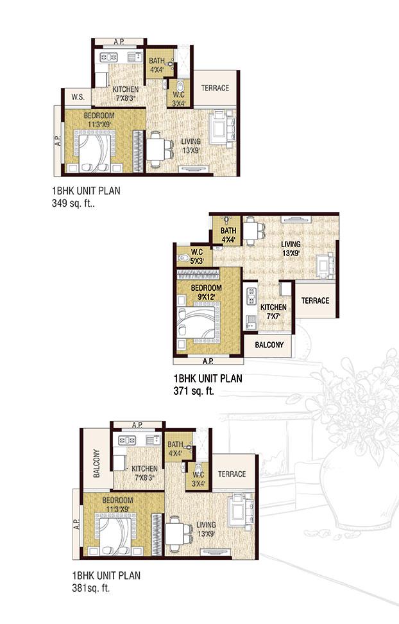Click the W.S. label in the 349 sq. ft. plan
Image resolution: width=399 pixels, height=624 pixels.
click(78, 97)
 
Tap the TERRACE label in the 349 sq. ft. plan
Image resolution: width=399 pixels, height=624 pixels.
click(215, 88)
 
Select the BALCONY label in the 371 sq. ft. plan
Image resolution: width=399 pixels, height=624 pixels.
click(269, 345)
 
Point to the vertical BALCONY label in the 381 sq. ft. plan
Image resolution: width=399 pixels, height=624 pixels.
click(97, 464)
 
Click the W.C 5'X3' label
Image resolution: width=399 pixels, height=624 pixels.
click(197, 257)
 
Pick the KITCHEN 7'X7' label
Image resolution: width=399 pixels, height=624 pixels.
click(273, 311)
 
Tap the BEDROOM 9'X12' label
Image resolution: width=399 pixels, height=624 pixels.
click(207, 292)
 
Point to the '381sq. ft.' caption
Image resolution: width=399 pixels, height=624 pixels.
click(90, 588)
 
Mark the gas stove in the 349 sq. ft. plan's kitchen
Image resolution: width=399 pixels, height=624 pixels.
click(108, 57)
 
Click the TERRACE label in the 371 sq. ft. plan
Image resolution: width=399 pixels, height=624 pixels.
click(315, 300)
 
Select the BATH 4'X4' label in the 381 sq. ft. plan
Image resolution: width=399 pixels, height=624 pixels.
click(175, 449)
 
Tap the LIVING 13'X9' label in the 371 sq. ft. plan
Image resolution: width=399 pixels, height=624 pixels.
click(291, 248)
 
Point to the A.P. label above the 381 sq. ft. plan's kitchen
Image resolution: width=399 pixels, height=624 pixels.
click(137, 424)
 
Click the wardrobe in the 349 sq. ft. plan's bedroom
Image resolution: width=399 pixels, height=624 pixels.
click(138, 152)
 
